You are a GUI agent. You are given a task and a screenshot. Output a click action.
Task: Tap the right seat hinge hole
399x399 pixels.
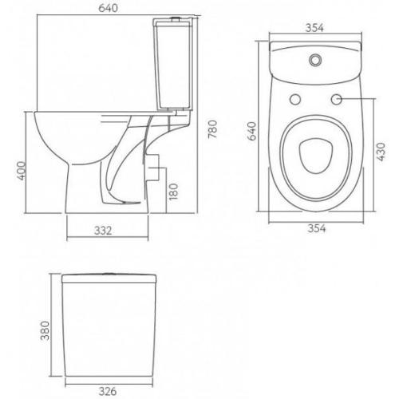click(336, 100)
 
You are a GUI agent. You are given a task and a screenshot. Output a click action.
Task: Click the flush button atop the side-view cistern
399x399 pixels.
click(170, 18)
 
